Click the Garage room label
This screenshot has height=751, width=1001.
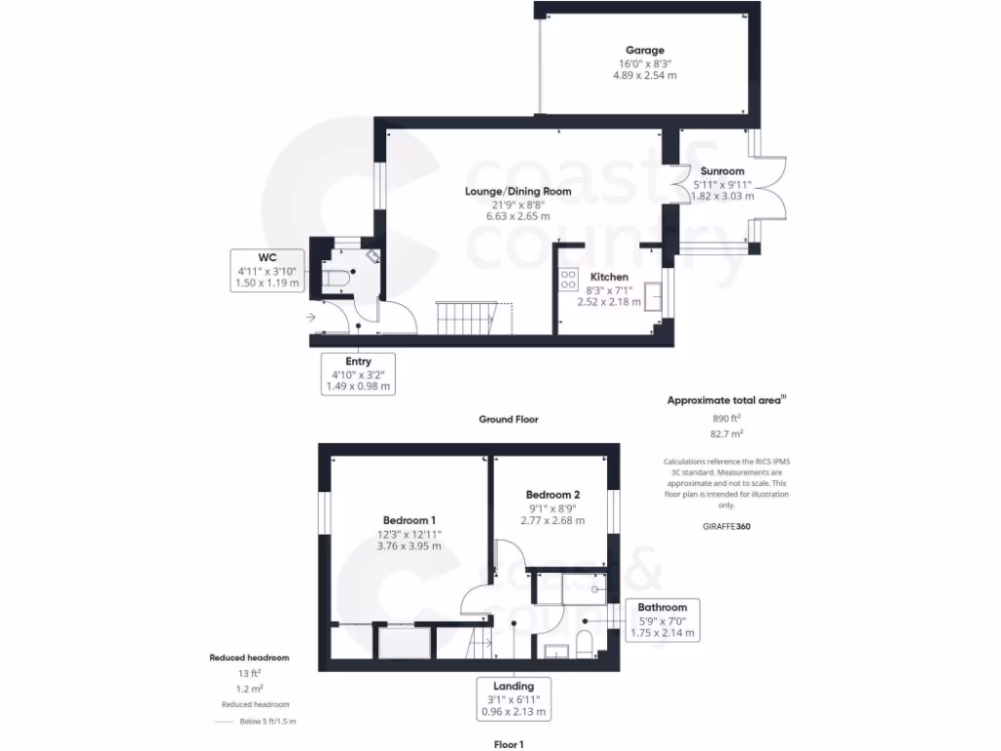(644, 50)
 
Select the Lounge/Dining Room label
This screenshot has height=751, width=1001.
(517, 192)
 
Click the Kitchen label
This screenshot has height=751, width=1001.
(608, 277)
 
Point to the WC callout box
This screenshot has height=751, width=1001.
(267, 270)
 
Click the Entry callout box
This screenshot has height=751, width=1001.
(358, 374)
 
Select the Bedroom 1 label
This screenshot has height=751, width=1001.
(409, 519)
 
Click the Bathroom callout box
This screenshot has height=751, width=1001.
(663, 620)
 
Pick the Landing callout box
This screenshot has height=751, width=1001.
(513, 698)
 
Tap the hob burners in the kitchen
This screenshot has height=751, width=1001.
(567, 281)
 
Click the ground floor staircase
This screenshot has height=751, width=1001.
(465, 317)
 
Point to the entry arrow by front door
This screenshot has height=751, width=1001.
(311, 317)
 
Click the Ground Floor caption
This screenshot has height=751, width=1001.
(507, 419)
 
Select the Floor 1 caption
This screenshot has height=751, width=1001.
(508, 744)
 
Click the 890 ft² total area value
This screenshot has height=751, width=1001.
(725, 418)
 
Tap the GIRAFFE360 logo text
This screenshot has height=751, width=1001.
(725, 526)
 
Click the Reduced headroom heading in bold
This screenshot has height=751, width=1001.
(249, 658)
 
